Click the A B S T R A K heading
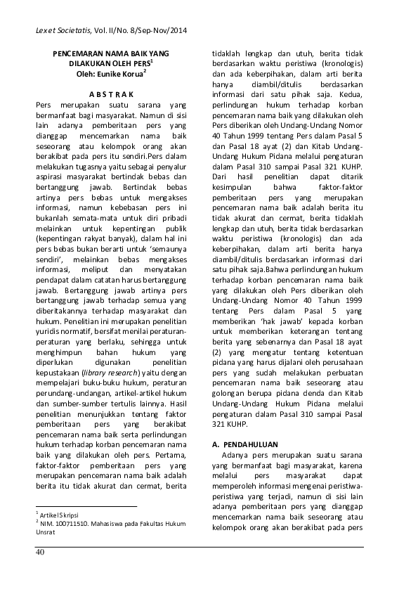click(x=112, y=94)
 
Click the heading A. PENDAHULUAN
click(x=245, y=445)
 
